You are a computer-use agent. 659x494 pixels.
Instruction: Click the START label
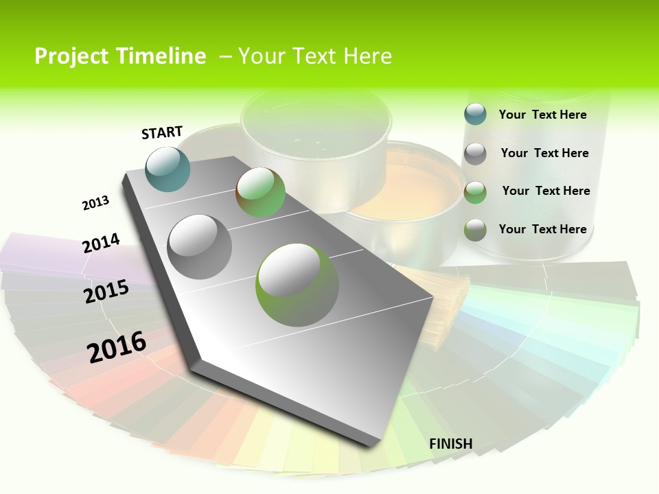click(x=162, y=132)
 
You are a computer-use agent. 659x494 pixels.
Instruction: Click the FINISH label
click(x=450, y=444)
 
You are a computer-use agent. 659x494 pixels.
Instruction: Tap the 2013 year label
click(x=95, y=203)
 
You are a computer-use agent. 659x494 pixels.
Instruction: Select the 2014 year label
click(x=101, y=243)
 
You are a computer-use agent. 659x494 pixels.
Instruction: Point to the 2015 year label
click(x=106, y=292)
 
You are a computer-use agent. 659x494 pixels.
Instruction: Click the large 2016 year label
click(x=117, y=347)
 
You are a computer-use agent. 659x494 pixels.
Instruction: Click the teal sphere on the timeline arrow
click(x=168, y=169)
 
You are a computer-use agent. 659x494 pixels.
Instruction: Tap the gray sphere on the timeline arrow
click(x=200, y=247)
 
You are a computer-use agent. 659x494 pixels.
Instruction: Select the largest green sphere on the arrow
click(x=297, y=285)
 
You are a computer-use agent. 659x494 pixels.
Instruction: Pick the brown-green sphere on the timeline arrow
click(x=260, y=193)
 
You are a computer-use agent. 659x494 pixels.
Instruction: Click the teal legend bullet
click(x=475, y=114)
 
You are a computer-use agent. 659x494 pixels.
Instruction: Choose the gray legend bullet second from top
click(x=475, y=154)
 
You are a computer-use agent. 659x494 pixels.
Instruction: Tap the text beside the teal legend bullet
click(x=542, y=115)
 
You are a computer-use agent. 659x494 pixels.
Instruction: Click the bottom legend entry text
click(x=542, y=229)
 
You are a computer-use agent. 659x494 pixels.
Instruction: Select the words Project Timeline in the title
click(x=120, y=56)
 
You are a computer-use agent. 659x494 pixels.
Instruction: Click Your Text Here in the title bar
click(x=315, y=56)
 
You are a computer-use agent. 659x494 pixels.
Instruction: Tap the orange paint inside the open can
click(x=412, y=185)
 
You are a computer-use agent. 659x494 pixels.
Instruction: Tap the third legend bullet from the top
click(x=475, y=192)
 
